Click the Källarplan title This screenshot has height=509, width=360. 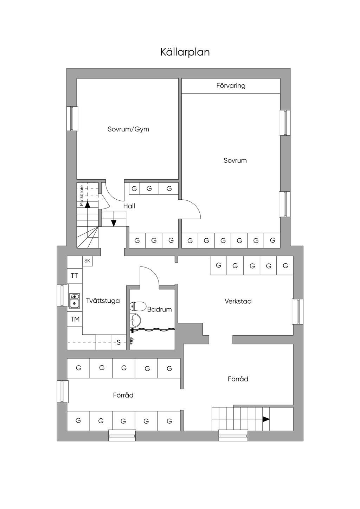(x=185, y=52)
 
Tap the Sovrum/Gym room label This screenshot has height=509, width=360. (x=128, y=129)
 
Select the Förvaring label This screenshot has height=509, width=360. (x=231, y=85)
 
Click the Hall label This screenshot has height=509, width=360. (x=129, y=206)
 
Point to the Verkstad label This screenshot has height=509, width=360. (x=238, y=301)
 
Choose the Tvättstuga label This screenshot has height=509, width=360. (x=103, y=301)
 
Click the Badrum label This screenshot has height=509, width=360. (x=159, y=309)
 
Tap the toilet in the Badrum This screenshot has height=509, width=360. (x=138, y=307)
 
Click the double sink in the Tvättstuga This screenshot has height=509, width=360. (x=74, y=301)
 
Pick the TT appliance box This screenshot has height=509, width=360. (x=75, y=276)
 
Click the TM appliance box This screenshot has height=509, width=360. (x=75, y=319)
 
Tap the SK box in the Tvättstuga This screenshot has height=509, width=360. (x=87, y=261)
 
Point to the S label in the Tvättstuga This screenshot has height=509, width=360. (x=118, y=342)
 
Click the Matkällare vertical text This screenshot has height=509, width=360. (x=82, y=195)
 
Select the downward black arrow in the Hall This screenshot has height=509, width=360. (x=114, y=223)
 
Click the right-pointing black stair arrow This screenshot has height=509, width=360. (x=266, y=419)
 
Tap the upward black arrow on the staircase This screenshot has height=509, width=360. (x=87, y=204)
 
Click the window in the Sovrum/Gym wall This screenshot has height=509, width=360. (x=72, y=118)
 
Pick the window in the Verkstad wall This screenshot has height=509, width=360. (x=297, y=311)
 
